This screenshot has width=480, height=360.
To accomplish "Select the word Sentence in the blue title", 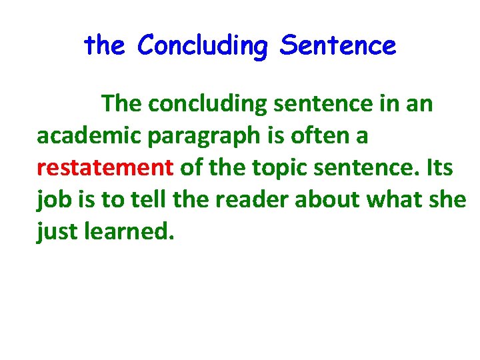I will pyautogui.click(x=338, y=47).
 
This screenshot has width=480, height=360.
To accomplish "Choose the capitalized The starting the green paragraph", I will pyautogui.click(x=123, y=103).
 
